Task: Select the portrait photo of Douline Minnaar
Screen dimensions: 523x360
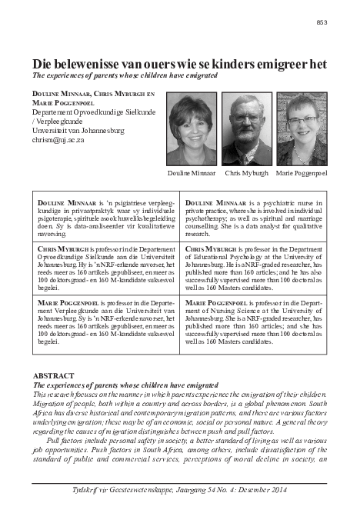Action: click(x=192, y=128)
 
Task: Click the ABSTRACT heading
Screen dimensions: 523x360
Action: click(x=54, y=375)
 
